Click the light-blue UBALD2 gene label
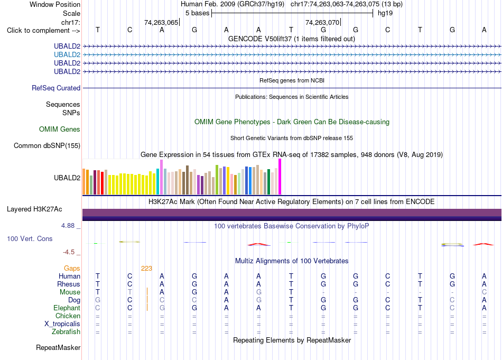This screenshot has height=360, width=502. pyautogui.click(x=67, y=55)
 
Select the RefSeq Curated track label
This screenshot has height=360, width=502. pyautogui.click(x=56, y=88)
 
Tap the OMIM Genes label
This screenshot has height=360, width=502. pyautogui.click(x=60, y=130)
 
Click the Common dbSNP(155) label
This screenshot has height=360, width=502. pyautogui.click(x=47, y=146)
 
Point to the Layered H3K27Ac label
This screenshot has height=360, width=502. pyautogui.click(x=34, y=209)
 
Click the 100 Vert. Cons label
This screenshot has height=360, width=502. pyautogui.click(x=30, y=238)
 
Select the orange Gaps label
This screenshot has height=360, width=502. pyautogui.click(x=72, y=269)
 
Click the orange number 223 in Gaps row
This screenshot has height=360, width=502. pyautogui.click(x=146, y=269)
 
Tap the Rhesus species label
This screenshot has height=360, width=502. pyautogui.click(x=69, y=284)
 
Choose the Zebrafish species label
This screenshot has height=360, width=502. pyautogui.click(x=66, y=332)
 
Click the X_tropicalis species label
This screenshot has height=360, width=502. pyautogui.click(x=62, y=324)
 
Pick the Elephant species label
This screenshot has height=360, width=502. pyautogui.click(x=67, y=308)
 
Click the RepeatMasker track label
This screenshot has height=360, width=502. pyautogui.click(x=58, y=348)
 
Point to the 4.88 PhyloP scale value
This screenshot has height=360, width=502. pyautogui.click(x=68, y=226)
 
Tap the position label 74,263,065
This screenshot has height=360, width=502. pyautogui.click(x=161, y=22)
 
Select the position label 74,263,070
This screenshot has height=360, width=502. pyautogui.click(x=322, y=22)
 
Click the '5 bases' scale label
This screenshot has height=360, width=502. pyautogui.click(x=197, y=13)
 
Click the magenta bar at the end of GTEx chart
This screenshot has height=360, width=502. pyautogui.click(x=280, y=177)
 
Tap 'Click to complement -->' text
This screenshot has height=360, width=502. pyautogui.click(x=43, y=31)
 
